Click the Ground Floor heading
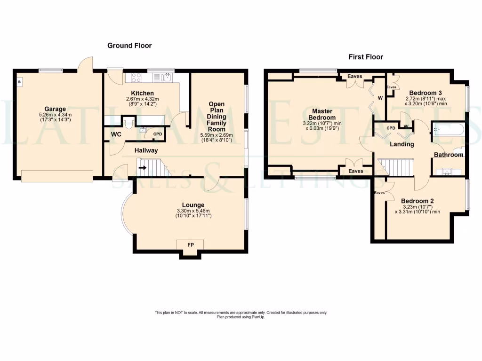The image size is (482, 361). click(x=129, y=46)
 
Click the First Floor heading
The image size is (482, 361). click(x=366, y=57)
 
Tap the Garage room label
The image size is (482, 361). click(x=55, y=109)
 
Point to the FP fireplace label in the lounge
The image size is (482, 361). click(x=190, y=245)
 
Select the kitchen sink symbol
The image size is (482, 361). click(x=166, y=78)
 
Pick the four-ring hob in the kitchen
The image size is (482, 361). click(x=137, y=78)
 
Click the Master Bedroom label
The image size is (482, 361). click(x=322, y=114)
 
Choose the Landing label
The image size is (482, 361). click(x=402, y=144)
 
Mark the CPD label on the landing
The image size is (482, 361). click(x=391, y=128)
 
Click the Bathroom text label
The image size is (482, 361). click(x=448, y=155)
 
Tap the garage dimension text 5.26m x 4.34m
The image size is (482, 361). click(x=55, y=115)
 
